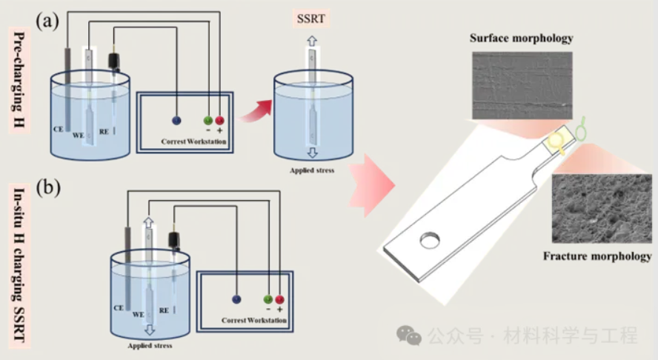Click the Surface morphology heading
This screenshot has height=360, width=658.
pyautogui.click(x=522, y=38)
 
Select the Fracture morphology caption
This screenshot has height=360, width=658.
pyautogui.click(x=597, y=256)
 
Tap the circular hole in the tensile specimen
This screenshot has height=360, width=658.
pyautogui.click(x=430, y=240)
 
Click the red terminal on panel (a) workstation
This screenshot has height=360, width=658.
pyautogui.click(x=219, y=120)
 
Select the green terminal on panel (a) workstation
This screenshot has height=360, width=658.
pyautogui.click(x=207, y=120)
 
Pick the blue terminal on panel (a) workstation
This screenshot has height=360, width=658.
pyautogui.click(x=176, y=120)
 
